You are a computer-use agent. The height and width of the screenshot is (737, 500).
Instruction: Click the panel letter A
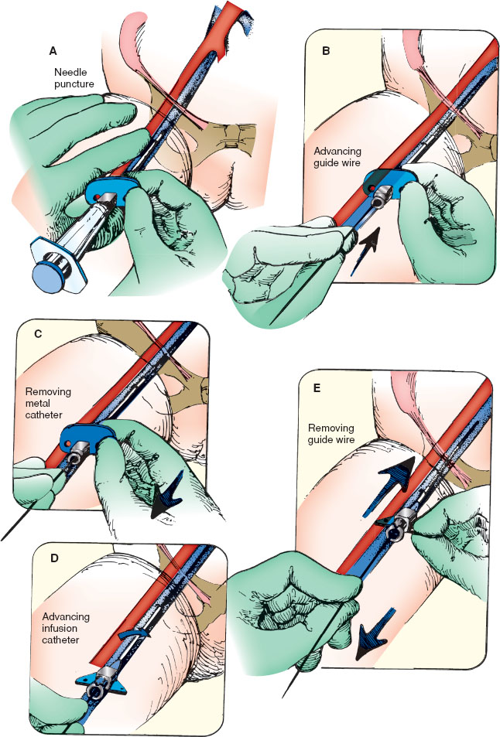pos(53,51)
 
